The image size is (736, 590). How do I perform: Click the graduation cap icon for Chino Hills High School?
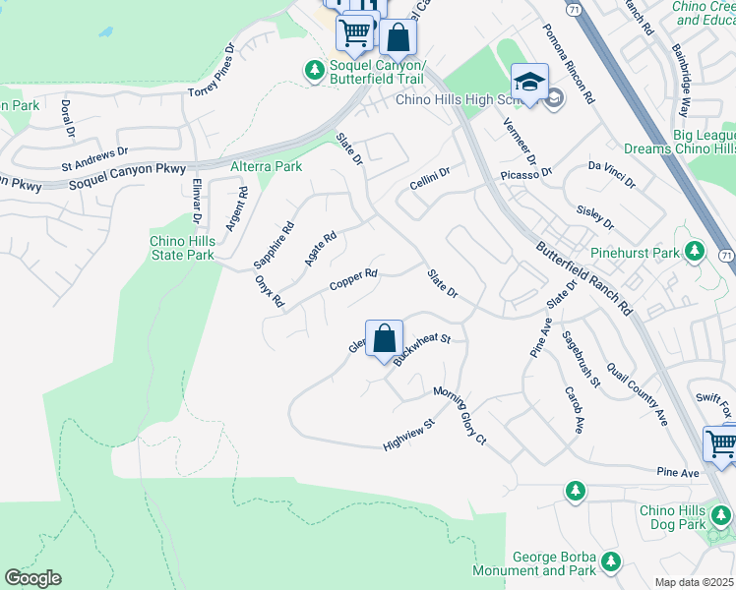(529, 83)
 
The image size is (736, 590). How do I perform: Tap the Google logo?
(32, 578)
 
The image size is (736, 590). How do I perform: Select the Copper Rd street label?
(353, 280)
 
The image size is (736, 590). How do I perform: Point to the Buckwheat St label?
(421, 349)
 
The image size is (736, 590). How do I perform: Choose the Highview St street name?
(408, 437)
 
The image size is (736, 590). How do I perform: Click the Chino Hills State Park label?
(181, 248)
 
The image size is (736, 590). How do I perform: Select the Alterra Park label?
(266, 167)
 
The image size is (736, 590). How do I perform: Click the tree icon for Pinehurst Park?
(695, 252)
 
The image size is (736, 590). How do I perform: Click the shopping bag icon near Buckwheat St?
(385, 338)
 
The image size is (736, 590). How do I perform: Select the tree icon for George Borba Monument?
(611, 561)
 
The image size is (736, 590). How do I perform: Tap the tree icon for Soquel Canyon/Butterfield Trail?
(313, 70)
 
